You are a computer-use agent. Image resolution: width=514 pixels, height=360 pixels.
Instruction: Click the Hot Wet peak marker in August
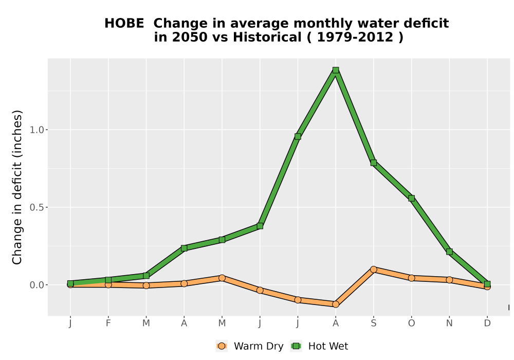point(335,70)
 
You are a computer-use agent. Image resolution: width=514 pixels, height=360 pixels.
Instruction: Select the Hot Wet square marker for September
point(373,163)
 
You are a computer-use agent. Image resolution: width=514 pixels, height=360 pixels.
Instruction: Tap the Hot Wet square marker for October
point(411,198)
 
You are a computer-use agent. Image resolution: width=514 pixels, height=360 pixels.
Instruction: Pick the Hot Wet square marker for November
point(449,251)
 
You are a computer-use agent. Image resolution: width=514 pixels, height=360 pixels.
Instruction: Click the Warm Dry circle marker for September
point(373,269)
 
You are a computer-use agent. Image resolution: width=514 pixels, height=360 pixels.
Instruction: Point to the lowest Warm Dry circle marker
point(335,304)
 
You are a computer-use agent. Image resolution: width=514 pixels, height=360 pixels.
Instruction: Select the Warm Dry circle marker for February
point(108,284)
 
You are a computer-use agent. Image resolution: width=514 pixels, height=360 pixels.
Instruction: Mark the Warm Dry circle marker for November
point(449,280)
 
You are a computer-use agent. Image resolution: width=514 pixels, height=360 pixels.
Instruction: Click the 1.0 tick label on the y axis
point(36,130)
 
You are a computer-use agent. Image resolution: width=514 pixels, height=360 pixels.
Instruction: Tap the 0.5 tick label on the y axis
point(36,207)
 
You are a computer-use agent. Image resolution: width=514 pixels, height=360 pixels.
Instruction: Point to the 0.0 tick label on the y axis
point(36,285)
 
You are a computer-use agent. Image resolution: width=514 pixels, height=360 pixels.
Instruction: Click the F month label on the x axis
point(108,323)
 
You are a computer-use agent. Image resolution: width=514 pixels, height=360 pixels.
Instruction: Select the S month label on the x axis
point(373,323)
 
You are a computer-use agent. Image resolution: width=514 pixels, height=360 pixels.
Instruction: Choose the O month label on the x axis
point(411,323)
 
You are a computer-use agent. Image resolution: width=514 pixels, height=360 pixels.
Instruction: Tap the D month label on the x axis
point(487,323)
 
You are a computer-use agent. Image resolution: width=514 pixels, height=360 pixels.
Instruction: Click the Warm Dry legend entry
point(250,346)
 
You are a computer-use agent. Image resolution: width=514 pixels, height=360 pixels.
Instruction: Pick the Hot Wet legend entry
point(319,346)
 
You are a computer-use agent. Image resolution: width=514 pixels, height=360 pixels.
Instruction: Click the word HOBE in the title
point(124,23)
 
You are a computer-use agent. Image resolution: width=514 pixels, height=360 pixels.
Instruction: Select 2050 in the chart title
point(190,37)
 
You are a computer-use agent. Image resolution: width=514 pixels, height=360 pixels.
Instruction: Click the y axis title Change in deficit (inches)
point(17,187)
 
